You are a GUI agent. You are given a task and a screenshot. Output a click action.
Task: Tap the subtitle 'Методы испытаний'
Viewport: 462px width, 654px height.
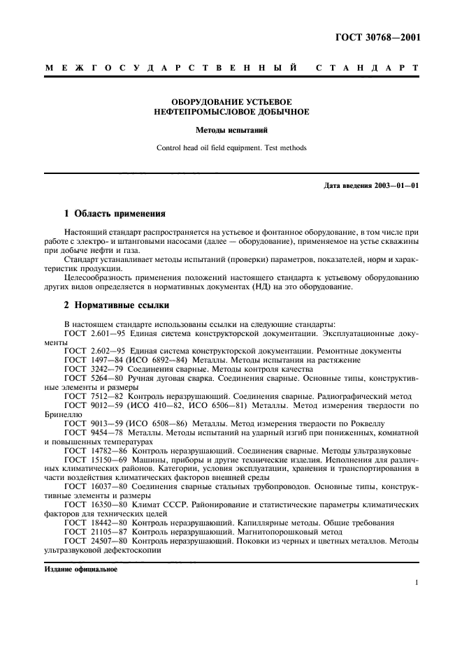(232, 131)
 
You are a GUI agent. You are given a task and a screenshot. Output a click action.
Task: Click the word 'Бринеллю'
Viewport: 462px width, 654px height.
(62, 414)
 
